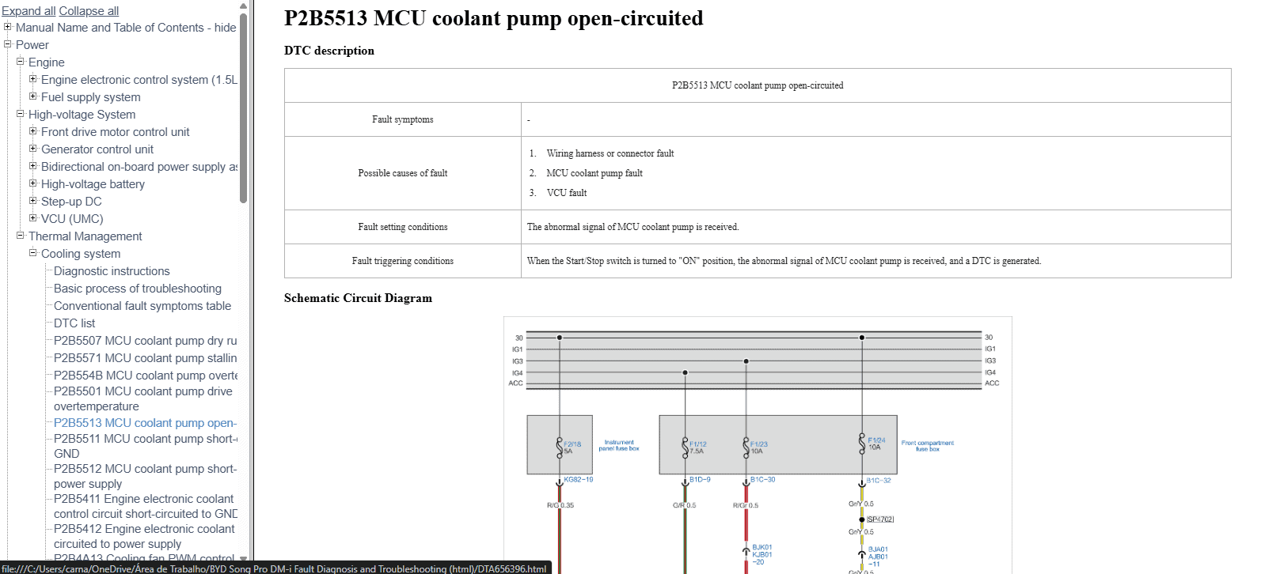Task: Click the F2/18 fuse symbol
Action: [x=560, y=447]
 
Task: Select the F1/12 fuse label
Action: [x=697, y=444]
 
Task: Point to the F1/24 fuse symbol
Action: [x=862, y=443]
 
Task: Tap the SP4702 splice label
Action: [x=879, y=519]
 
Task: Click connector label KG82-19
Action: [x=578, y=480]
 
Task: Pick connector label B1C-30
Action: [x=762, y=480]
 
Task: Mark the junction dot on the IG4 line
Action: [x=686, y=372]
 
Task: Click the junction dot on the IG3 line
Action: [x=746, y=361]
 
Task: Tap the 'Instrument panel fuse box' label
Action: [x=618, y=446]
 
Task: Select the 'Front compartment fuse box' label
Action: [x=927, y=446]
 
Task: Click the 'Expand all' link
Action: [x=28, y=11]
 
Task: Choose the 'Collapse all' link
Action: [x=89, y=11]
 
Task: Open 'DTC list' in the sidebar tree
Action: [x=74, y=323]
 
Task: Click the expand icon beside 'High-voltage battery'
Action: [x=33, y=183]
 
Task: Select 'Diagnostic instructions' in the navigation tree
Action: [x=112, y=271]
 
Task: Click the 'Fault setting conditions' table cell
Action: [x=402, y=227]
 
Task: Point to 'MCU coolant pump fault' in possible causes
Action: [x=594, y=173]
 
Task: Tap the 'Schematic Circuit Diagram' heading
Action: [x=358, y=298]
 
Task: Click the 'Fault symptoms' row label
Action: [x=402, y=119]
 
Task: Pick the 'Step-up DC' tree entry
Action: [x=71, y=202]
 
